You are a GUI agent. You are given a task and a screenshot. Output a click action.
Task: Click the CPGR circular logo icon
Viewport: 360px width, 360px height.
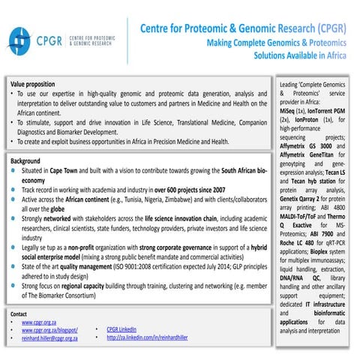(20, 38)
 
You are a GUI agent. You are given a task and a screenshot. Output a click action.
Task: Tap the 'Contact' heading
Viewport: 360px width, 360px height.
(19, 313)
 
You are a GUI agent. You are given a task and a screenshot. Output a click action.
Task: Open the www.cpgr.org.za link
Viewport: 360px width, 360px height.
(41, 322)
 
